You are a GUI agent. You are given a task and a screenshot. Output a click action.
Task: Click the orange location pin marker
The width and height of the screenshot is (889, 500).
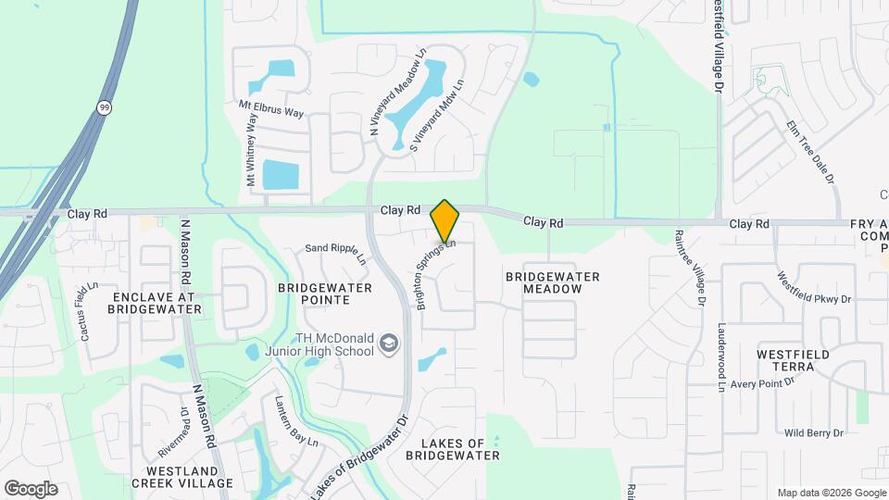(445, 221)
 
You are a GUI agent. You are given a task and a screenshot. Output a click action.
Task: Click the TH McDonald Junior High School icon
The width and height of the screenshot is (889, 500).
(390, 344)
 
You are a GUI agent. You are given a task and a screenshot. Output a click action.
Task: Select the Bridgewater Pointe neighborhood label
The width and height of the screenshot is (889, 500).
(325, 294)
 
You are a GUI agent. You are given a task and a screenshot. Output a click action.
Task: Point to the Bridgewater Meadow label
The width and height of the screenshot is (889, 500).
(552, 282)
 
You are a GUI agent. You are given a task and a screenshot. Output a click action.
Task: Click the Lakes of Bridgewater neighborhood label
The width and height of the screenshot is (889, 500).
(453, 448)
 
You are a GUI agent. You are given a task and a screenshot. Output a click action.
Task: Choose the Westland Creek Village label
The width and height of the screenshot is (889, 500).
(182, 476)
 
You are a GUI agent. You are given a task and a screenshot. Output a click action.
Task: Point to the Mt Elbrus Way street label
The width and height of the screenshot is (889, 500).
(271, 110)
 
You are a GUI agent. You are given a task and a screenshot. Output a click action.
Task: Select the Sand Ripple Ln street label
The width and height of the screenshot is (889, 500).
(336, 253)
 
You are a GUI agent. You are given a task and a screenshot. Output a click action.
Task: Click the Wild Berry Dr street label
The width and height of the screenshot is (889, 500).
(813, 432)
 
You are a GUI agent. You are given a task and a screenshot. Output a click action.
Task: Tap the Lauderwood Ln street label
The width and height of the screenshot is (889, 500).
(721, 357)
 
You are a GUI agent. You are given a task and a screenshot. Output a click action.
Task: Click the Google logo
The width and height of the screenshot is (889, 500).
(31, 488)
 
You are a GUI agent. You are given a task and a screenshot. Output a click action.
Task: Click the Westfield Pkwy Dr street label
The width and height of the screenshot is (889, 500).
(814, 288)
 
